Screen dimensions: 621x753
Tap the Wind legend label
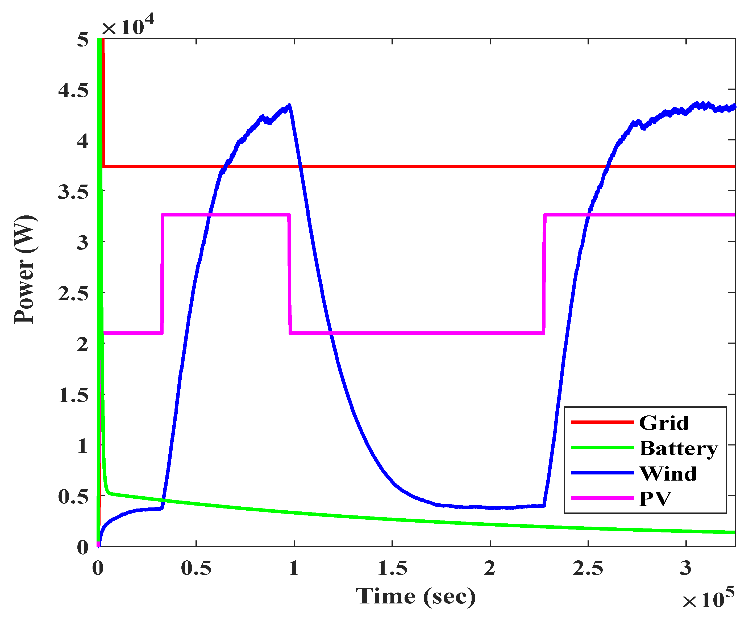[x=668, y=474]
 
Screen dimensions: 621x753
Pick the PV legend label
[x=655, y=499]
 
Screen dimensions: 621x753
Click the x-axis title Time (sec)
[x=416, y=596]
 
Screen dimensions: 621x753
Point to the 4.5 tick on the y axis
[x=73, y=90]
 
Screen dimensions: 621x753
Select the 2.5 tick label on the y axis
[x=73, y=294]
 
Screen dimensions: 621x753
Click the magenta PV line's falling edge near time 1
[x=289, y=274]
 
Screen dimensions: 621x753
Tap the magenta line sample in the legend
[x=602, y=498]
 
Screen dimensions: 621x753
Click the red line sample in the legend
[x=602, y=422]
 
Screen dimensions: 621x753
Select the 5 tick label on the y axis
[x=82, y=39]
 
